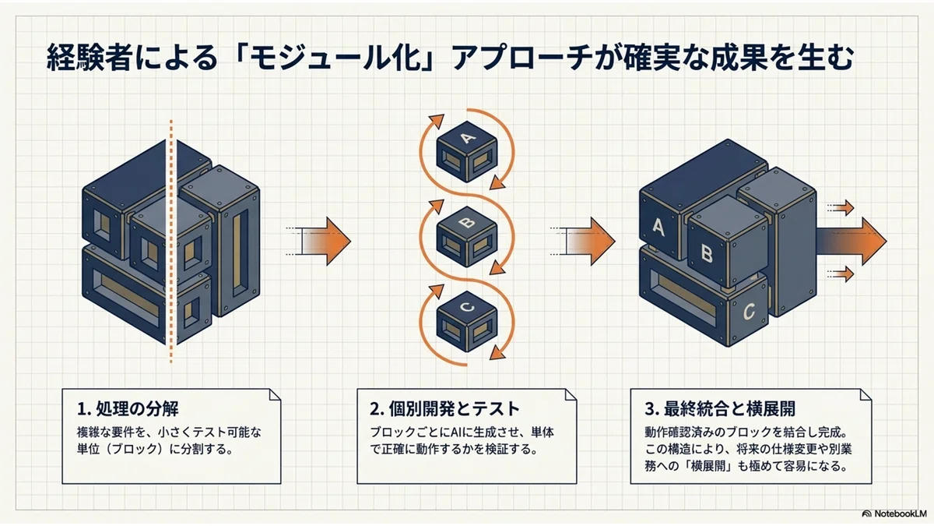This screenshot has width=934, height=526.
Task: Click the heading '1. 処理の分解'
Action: click(128, 408)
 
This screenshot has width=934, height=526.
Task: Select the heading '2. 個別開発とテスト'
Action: click(445, 408)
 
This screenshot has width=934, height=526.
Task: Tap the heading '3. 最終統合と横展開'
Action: click(720, 408)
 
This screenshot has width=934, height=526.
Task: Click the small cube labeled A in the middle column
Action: click(467, 151)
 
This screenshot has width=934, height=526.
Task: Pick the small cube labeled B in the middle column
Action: click(467, 237)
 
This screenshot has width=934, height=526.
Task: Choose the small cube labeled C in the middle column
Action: click(467, 321)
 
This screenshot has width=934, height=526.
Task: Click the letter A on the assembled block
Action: click(658, 228)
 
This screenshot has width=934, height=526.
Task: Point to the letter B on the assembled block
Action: click(707, 253)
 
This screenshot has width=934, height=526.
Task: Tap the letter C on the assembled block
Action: click(749, 312)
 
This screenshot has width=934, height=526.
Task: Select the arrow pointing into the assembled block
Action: click(583, 241)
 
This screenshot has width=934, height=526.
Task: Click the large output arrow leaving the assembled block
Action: click(851, 241)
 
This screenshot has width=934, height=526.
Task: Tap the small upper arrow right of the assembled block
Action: click(841, 207)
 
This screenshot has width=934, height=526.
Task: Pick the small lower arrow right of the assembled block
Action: click(841, 274)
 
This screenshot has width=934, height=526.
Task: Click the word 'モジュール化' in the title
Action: click(335, 58)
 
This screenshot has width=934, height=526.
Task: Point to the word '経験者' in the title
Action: click(88, 58)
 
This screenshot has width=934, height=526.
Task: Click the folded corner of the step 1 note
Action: click(275, 395)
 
